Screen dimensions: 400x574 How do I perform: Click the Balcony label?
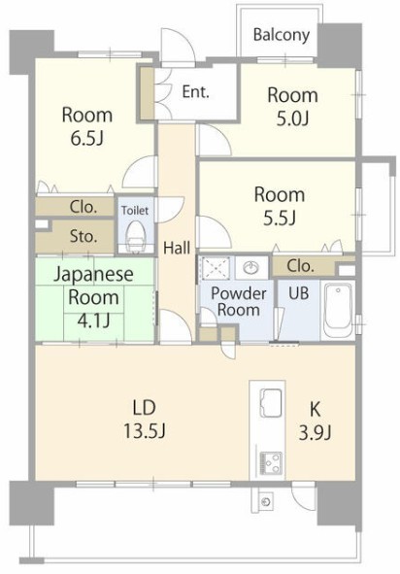click(281, 35)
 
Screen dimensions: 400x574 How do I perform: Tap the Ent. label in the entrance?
click(196, 91)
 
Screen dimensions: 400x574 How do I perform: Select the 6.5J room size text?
click(87, 138)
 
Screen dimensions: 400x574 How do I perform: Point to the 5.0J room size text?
click(293, 118)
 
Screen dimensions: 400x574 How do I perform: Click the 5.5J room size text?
click(280, 218)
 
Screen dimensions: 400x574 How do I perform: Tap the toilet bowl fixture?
click(136, 236)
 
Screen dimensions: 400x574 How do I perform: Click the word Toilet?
click(135, 211)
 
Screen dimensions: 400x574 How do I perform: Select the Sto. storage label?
click(83, 236)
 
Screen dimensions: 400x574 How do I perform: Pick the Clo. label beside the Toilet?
click(83, 207)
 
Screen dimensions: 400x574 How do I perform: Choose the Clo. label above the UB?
click(300, 266)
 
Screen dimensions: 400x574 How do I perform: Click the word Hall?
click(177, 248)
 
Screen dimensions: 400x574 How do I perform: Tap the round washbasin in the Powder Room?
click(251, 267)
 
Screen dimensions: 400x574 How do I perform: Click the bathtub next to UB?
click(338, 309)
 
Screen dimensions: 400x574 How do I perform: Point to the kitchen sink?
click(271, 402)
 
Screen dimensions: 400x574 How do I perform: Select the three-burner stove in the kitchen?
click(271, 463)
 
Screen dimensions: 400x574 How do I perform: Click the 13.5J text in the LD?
click(145, 431)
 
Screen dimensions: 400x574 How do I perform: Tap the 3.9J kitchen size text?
click(316, 433)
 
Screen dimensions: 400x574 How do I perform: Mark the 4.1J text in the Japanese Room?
click(93, 321)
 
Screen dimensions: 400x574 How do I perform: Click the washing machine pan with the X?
click(217, 268)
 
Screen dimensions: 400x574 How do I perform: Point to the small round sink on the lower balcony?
click(266, 501)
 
